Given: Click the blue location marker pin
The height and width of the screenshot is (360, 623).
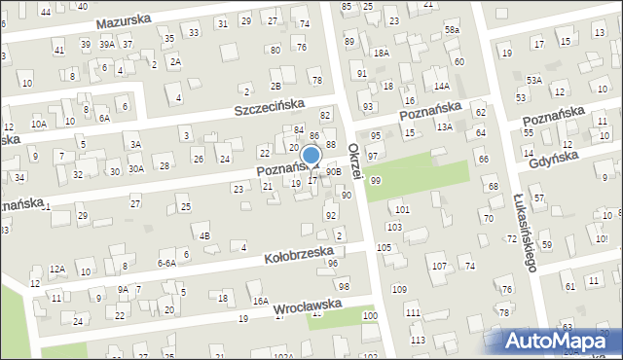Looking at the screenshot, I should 311,156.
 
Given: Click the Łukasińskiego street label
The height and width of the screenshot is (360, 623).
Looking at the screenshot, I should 523,233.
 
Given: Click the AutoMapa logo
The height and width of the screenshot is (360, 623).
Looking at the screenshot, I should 560,342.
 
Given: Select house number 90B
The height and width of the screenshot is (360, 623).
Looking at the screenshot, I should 334,172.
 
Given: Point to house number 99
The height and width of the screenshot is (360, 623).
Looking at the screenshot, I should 376,181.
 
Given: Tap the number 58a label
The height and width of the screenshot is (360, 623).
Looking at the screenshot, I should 452,31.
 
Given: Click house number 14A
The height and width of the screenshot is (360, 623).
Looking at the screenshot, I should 441,87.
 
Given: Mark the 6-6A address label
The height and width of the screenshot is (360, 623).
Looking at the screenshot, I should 165,263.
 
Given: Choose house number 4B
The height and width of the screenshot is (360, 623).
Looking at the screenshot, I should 203,235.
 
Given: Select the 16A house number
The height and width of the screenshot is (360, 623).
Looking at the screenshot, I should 260,302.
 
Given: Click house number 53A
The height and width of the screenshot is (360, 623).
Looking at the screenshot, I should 534,80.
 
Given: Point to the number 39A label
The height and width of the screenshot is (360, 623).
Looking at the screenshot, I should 106,45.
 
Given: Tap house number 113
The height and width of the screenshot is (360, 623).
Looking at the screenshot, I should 418,340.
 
